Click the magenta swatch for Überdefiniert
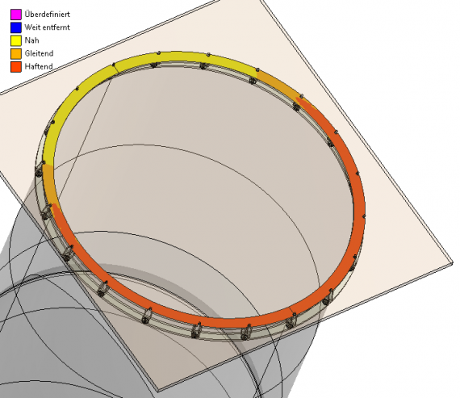click(16, 15)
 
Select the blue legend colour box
click(16, 27)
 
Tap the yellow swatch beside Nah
click(16, 40)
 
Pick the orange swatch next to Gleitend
click(16, 54)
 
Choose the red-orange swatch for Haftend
click(16, 67)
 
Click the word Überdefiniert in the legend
click(48, 14)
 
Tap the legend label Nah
click(31, 40)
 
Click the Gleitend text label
click(39, 53)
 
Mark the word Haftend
click(39, 66)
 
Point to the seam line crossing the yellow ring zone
click(116, 68)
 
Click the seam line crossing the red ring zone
click(291, 312)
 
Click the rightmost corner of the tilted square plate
click(454, 263)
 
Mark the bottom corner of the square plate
click(158, 391)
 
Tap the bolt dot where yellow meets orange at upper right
click(257, 70)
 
